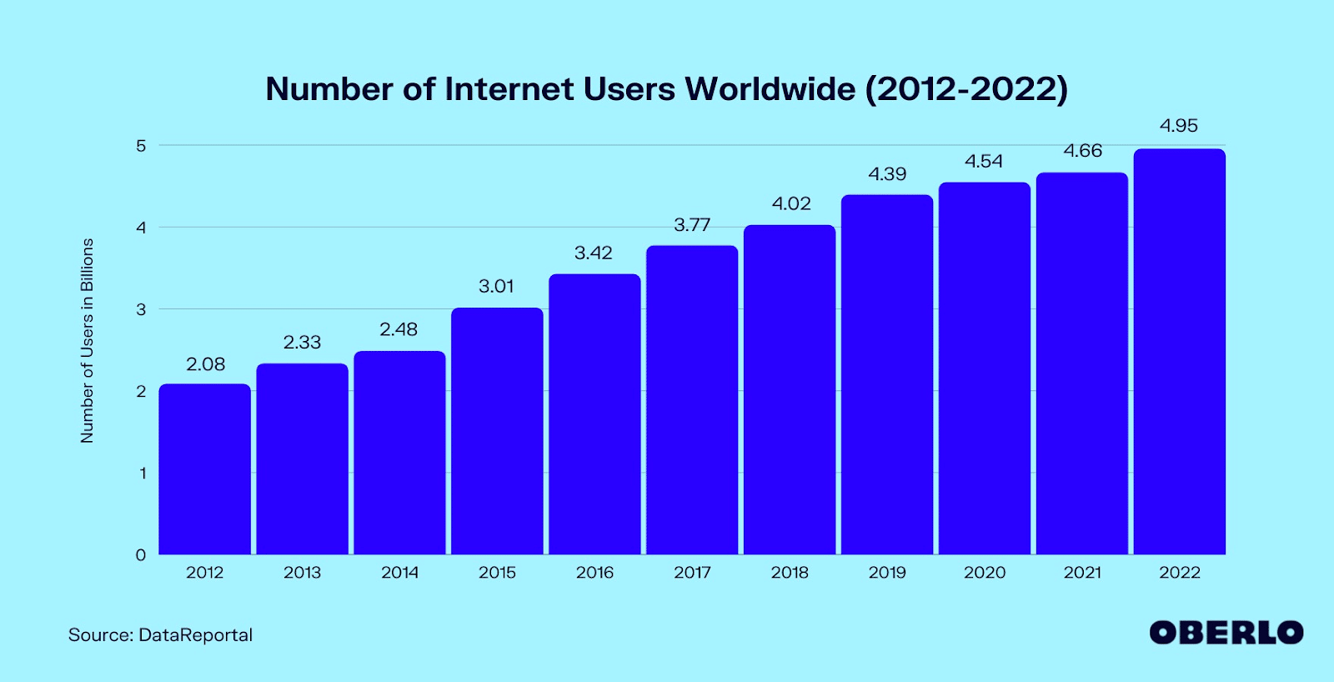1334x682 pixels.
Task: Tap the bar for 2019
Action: click(x=886, y=375)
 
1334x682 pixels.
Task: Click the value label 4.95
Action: click(x=1178, y=126)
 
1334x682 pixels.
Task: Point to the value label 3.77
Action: click(x=692, y=225)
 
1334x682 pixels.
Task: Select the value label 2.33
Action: click(x=302, y=343)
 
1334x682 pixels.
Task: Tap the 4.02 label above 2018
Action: click(x=790, y=204)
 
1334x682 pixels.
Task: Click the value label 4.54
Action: click(x=984, y=162)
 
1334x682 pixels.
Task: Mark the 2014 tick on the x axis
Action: click(x=399, y=573)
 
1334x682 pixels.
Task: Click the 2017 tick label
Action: click(x=692, y=573)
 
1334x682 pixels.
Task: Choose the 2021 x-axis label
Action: click(x=1082, y=573)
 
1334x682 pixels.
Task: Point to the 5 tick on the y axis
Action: click(x=141, y=146)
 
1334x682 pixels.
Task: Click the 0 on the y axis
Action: click(x=141, y=555)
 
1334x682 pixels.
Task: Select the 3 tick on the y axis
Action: click(x=141, y=309)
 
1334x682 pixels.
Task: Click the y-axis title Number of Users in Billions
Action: click(x=87, y=340)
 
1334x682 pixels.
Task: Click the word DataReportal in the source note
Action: click(x=195, y=635)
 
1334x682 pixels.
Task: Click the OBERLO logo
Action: click(x=1226, y=633)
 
